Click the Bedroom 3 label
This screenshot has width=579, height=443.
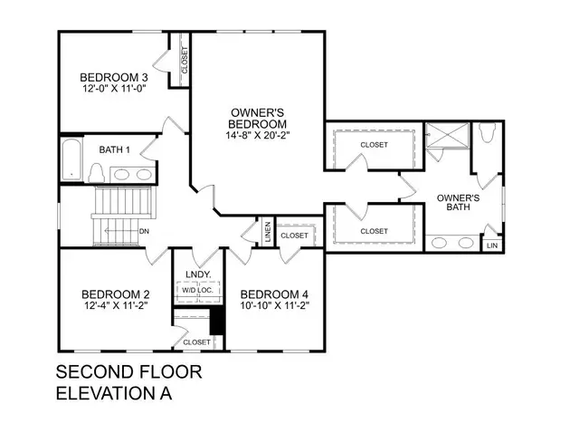(113, 77)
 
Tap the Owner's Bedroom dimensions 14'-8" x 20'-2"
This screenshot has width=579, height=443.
(257, 135)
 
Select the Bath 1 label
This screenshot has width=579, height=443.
(115, 149)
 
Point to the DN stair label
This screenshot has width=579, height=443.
(144, 231)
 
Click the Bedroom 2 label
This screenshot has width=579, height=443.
(115, 295)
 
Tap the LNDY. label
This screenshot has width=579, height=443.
(198, 274)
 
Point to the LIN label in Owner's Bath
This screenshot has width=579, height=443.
(492, 246)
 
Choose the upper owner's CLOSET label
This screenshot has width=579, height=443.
(374, 144)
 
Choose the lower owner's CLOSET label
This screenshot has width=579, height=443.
(374, 231)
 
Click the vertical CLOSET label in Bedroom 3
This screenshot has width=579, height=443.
(185, 61)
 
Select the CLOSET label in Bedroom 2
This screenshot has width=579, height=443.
(196, 342)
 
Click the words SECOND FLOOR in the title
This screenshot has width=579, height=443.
(128, 372)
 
